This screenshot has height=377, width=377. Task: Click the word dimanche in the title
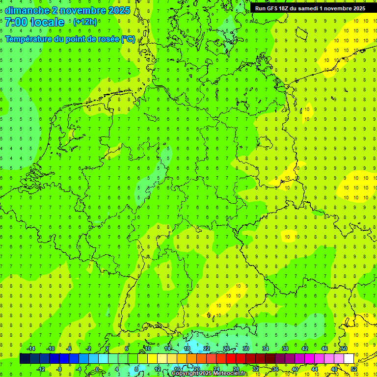[x=27, y=10]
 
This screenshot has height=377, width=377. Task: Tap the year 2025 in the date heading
[x=118, y=10]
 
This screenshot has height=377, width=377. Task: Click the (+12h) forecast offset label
[x=85, y=22]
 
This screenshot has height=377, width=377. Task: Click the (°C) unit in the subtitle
[x=128, y=39]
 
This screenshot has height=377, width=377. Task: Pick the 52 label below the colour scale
[x=354, y=369]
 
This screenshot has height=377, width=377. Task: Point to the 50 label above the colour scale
[x=344, y=349]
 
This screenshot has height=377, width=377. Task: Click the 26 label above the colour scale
[x=226, y=349]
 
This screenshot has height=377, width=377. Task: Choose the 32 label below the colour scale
[x=256, y=369]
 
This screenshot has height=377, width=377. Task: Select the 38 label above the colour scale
[x=285, y=349]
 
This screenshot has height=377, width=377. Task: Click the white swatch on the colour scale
[x=349, y=358]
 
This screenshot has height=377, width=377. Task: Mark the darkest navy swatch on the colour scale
[x=25, y=358]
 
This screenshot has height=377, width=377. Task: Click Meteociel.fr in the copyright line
[x=230, y=374]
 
